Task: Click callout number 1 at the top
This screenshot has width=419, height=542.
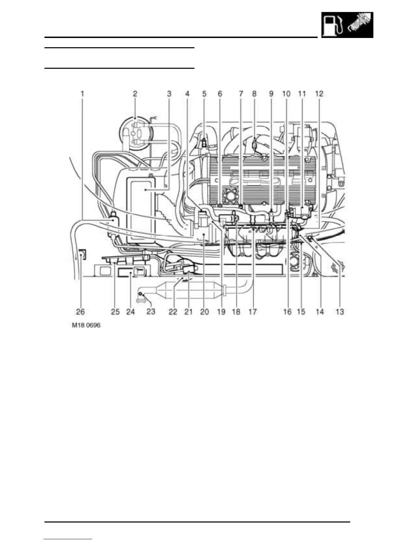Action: (82, 93)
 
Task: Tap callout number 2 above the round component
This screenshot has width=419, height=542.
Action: (135, 93)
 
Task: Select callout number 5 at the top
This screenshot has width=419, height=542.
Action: (204, 93)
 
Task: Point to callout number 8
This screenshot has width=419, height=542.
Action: (254, 93)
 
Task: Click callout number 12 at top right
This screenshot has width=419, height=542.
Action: (319, 93)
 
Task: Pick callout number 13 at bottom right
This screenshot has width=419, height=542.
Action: (340, 311)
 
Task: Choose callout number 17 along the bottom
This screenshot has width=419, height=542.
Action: (252, 311)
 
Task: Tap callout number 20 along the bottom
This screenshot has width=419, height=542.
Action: (204, 311)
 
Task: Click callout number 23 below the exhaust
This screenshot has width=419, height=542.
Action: (151, 311)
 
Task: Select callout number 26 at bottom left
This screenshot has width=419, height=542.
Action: (80, 311)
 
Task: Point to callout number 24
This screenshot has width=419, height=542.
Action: (130, 311)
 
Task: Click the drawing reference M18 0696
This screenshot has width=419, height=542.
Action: (86, 325)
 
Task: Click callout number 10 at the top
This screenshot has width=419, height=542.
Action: (286, 93)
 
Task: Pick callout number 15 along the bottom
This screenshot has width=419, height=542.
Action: (301, 311)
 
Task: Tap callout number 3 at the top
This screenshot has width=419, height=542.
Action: (169, 93)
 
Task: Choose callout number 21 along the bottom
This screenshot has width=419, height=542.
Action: (189, 311)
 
